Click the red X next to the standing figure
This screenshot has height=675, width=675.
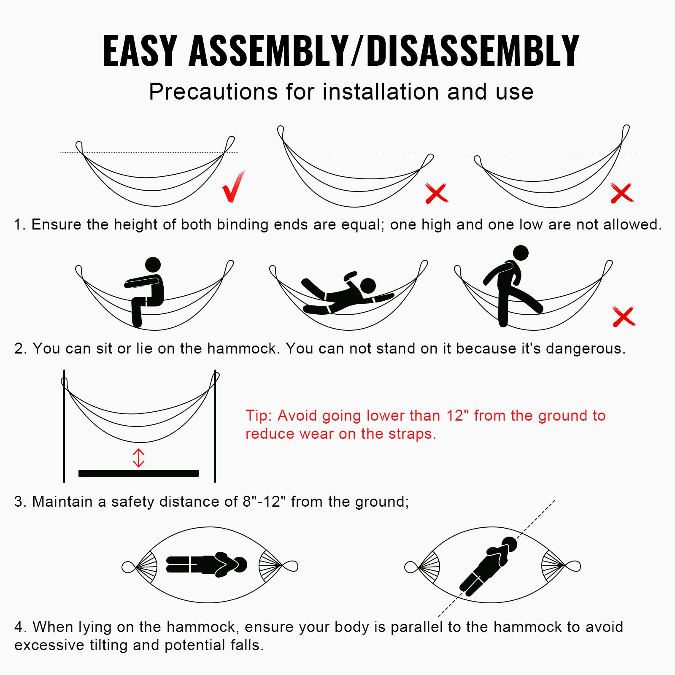[x=624, y=317]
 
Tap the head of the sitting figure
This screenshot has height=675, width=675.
[x=153, y=265]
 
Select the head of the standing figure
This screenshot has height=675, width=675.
[x=521, y=253]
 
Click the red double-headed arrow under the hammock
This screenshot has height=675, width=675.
[x=139, y=458]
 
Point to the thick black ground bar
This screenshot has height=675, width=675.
[x=138, y=473]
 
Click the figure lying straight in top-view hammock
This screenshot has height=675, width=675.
[x=207, y=565]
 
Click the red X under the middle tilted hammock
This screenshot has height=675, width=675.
[x=436, y=193]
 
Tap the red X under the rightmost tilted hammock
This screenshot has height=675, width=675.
[x=622, y=193]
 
